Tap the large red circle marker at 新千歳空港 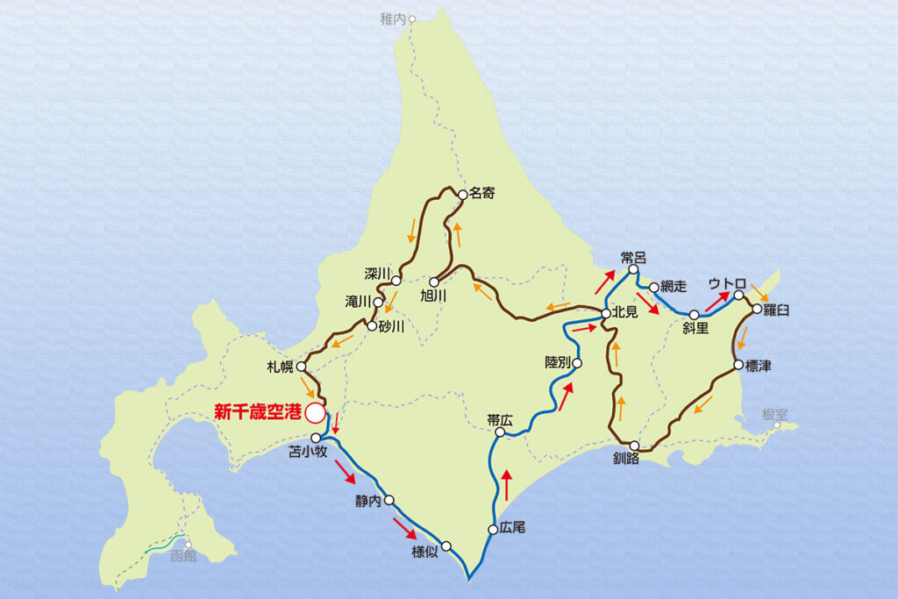314,411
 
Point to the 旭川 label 433,296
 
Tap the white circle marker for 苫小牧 316,437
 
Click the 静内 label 369,502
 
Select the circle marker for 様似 446,546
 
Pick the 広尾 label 513,529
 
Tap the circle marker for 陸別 577,361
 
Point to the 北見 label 626,313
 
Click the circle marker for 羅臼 756,310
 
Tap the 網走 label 674,286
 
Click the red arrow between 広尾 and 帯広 506,484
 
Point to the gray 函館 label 184,555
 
